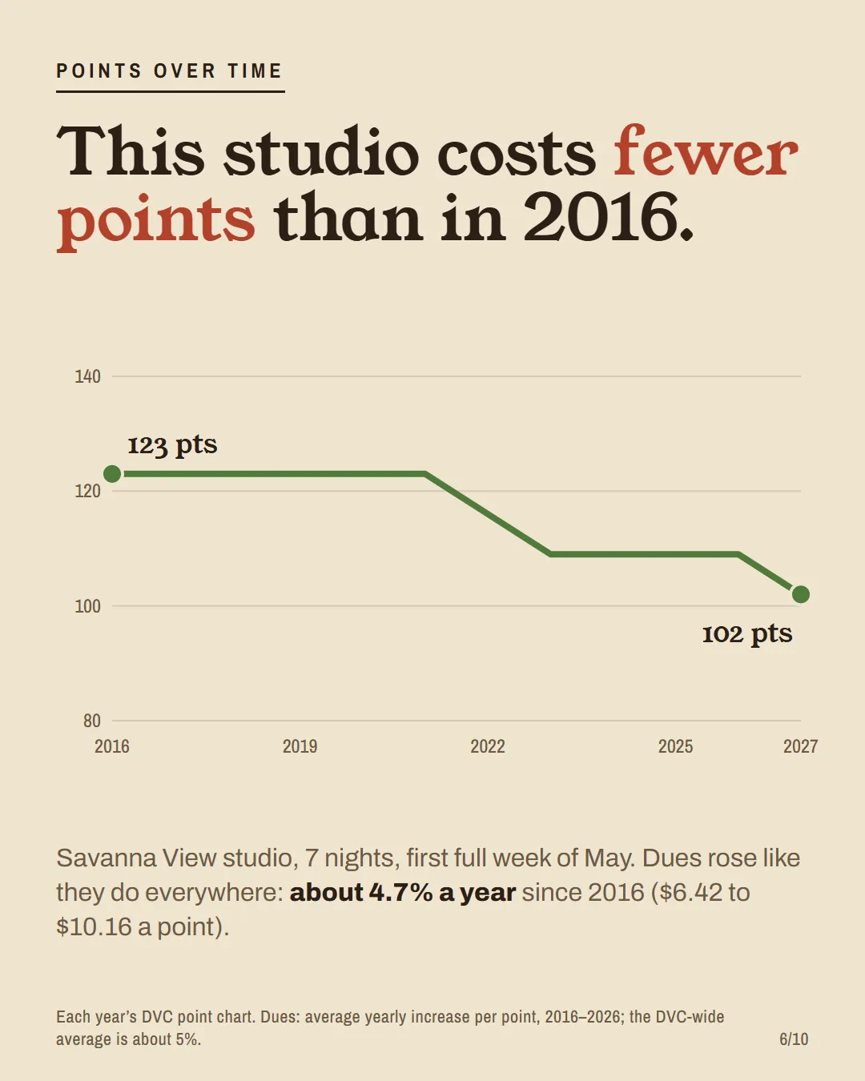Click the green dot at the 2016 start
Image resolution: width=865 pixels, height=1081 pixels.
tap(112, 474)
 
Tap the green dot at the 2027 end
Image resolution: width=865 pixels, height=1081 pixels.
tap(801, 594)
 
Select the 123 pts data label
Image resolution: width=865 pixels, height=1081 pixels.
tap(172, 445)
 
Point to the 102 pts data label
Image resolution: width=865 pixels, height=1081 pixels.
tap(747, 634)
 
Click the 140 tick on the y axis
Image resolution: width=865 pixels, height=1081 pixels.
tap(87, 376)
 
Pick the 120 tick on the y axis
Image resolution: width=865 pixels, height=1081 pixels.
tap(87, 491)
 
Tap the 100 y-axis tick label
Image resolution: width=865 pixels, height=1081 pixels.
tap(87, 606)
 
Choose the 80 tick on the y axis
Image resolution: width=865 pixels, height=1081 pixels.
tap(92, 721)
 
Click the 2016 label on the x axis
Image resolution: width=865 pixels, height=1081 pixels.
tap(112, 746)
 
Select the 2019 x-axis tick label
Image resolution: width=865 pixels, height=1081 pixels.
tap(300, 746)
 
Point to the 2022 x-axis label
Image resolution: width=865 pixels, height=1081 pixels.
tap(488, 746)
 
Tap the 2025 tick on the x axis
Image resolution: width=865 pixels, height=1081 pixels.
tap(675, 746)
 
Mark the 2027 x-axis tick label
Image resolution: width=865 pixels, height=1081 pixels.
tap(801, 746)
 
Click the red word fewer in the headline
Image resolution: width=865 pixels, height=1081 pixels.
tap(706, 151)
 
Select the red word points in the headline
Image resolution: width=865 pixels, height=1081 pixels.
tap(156, 221)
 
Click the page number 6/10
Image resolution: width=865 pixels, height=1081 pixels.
tap(794, 1039)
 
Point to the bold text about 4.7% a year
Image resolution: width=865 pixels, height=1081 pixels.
tap(403, 893)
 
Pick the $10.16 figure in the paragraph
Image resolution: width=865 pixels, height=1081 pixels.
tap(94, 926)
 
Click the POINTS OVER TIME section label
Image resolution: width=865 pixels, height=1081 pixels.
tap(169, 70)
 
